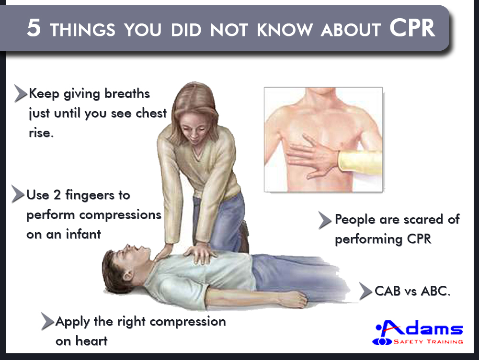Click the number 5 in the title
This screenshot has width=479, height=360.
(34, 28)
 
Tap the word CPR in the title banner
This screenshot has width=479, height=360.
(412, 28)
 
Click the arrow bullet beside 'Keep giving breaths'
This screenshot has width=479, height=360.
(21, 93)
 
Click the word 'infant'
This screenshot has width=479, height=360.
(83, 234)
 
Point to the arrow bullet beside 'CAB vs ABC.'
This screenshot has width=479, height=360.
(365, 291)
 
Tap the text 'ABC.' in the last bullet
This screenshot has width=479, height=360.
(435, 291)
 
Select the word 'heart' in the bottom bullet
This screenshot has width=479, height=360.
(91, 341)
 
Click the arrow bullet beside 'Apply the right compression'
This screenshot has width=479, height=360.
(48, 321)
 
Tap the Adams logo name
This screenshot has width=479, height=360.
(420, 328)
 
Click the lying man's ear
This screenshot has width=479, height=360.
(127, 276)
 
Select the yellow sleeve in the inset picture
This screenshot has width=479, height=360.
(360, 161)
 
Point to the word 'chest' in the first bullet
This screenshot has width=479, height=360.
(151, 113)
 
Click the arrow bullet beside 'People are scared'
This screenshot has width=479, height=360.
(325, 220)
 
